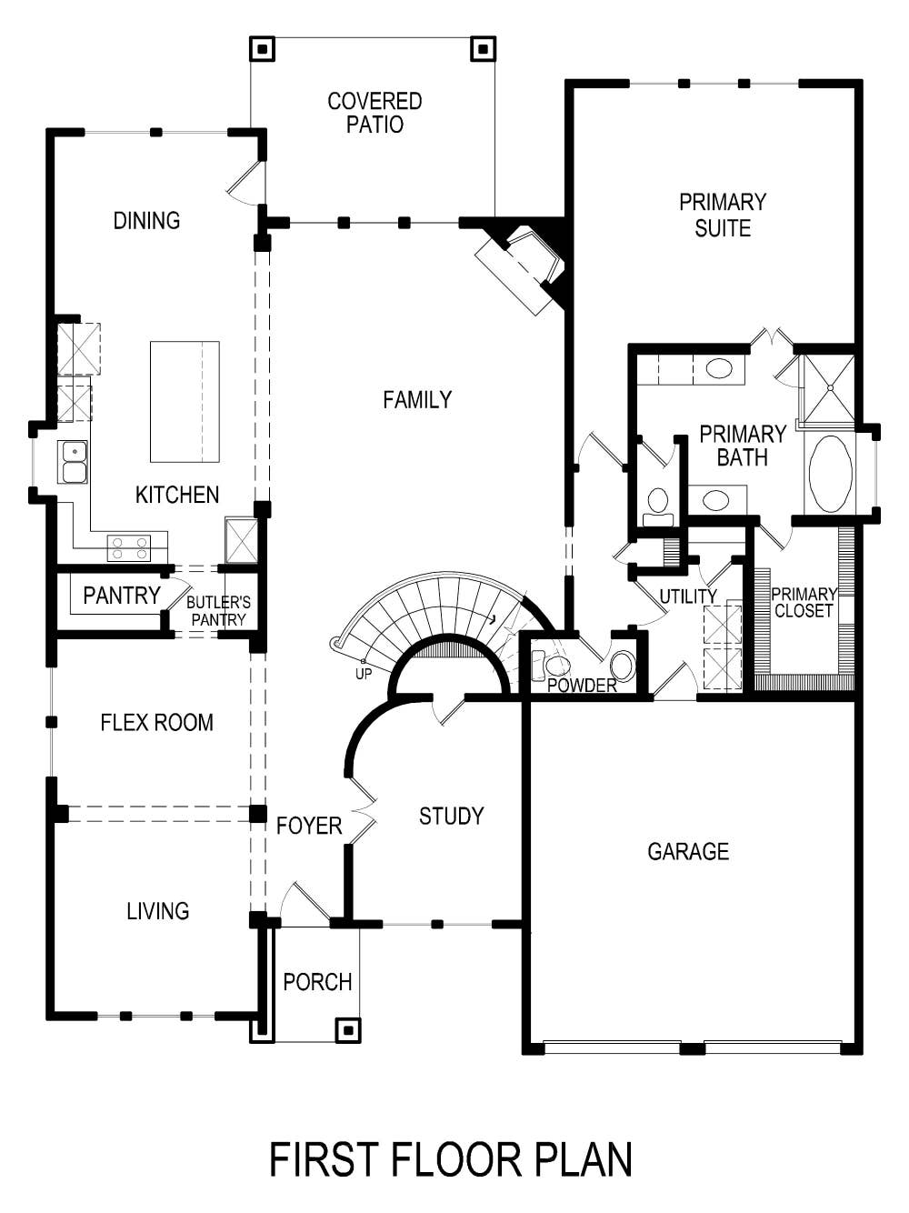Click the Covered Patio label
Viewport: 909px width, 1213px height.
pyautogui.click(x=375, y=113)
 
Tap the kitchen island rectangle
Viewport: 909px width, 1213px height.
pyautogui.click(x=185, y=402)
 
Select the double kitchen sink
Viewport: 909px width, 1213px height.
pyautogui.click(x=73, y=462)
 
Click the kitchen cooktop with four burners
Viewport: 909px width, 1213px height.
pyautogui.click(x=129, y=548)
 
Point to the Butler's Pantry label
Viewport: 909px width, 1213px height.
pyautogui.click(x=218, y=611)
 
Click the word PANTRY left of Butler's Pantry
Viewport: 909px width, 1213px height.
pyautogui.click(x=121, y=596)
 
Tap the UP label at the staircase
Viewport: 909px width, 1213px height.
pyautogui.click(x=364, y=674)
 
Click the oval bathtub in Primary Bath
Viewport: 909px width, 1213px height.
pyautogui.click(x=830, y=474)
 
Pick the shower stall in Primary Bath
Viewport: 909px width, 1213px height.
pyautogui.click(x=828, y=389)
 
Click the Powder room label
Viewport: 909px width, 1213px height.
pyautogui.click(x=582, y=686)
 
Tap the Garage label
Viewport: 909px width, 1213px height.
pyautogui.click(x=688, y=852)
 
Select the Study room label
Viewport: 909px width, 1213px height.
pyautogui.click(x=451, y=817)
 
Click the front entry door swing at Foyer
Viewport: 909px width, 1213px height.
pyautogui.click(x=303, y=905)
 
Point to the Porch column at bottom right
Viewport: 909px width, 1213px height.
pyautogui.click(x=348, y=1029)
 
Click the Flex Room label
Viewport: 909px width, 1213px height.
pyautogui.click(x=156, y=723)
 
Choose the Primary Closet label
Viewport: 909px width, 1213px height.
pyautogui.click(x=804, y=603)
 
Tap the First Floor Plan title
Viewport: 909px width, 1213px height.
pyautogui.click(x=451, y=1160)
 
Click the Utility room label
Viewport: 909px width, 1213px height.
pyautogui.click(x=688, y=596)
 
